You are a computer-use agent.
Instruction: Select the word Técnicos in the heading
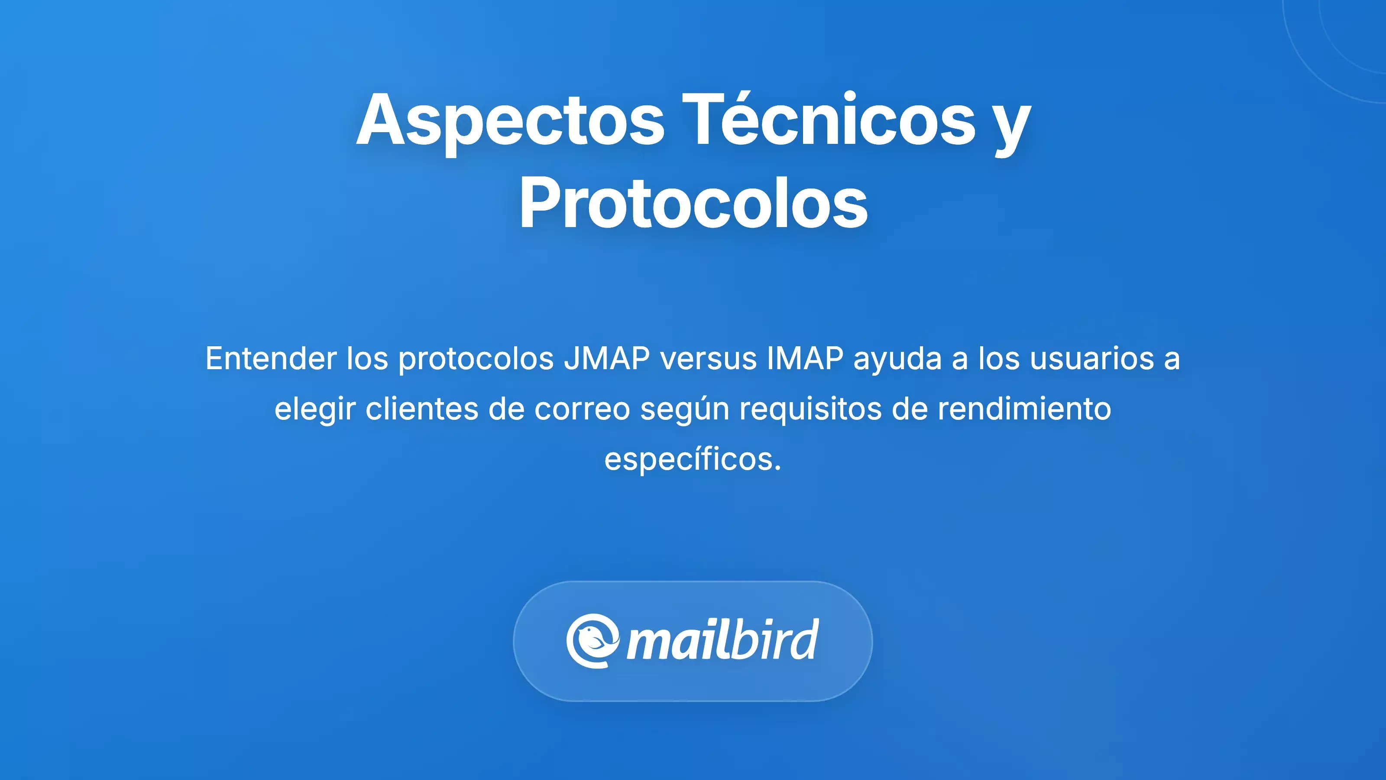pyautogui.click(x=832, y=120)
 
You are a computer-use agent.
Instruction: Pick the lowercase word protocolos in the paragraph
pyautogui.click(x=476, y=360)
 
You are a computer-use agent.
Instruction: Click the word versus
pyautogui.click(x=709, y=360)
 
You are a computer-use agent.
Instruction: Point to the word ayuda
pyautogui.click(x=897, y=360)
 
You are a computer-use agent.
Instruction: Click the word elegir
pyautogui.click(x=315, y=409)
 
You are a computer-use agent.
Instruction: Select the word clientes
pyautogui.click(x=422, y=409)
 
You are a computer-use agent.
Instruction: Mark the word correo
pyautogui.click(x=582, y=409)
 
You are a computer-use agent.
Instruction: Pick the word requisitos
pyautogui.click(x=810, y=409)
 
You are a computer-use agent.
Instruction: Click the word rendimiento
pyautogui.click(x=1024, y=409)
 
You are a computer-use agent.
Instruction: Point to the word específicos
pyautogui.click(x=692, y=460)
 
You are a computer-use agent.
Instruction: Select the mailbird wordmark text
pyautogui.click(x=722, y=640)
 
